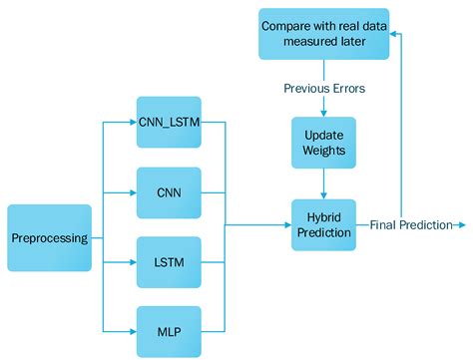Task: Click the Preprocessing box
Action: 49,238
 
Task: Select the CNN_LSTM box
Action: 169,122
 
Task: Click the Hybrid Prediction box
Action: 323,225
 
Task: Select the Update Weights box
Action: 323,143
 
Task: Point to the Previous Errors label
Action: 323,88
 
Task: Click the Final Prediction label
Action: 410,225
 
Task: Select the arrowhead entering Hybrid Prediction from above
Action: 323,195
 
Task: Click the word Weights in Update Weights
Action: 323,152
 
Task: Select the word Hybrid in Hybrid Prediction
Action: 323,216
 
